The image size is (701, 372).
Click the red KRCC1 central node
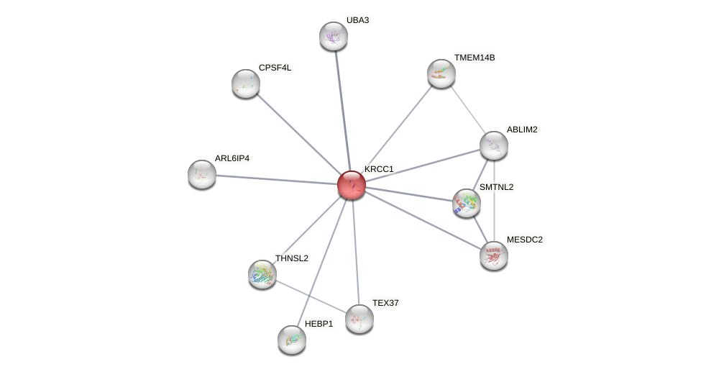click(352, 185)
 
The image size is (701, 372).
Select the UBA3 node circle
click(334, 36)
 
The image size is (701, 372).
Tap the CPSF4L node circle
click(246, 83)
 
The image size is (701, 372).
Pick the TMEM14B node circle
click(441, 73)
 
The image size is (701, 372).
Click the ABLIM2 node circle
click(494, 145)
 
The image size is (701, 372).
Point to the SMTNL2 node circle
click(467, 203)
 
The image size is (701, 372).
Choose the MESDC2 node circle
click(494, 255)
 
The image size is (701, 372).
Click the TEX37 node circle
click(359, 318)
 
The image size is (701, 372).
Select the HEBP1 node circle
click(292, 339)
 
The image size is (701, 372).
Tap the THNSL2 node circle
click(262, 273)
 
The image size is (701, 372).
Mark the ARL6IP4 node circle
click(202, 174)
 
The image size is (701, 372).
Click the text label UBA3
click(357, 20)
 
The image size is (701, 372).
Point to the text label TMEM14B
click(475, 58)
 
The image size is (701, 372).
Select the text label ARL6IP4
click(232, 158)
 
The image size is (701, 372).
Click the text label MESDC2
click(525, 240)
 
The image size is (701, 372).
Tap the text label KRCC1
click(379, 169)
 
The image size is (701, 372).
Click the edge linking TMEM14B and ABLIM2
click(467, 109)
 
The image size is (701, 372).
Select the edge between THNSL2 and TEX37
click(311, 296)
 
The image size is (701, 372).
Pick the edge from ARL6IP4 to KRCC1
click(277, 179)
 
